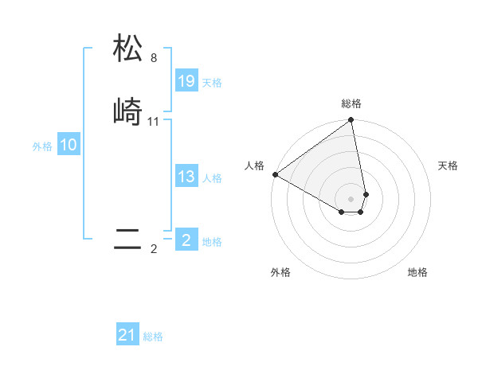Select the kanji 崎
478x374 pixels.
click(x=127, y=112)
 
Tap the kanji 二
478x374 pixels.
click(x=127, y=240)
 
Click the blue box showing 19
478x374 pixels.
click(x=186, y=81)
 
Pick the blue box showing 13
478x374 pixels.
click(x=186, y=177)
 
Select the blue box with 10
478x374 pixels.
click(x=69, y=145)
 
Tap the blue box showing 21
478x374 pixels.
click(x=127, y=336)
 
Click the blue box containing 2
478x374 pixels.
click(x=186, y=240)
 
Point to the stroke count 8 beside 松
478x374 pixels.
click(x=154, y=58)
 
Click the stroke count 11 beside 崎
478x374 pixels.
click(x=154, y=122)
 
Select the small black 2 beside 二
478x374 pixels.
click(x=154, y=249)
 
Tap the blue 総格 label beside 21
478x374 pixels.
click(x=153, y=337)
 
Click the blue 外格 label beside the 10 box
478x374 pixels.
click(x=42, y=146)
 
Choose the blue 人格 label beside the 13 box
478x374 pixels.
click(x=212, y=178)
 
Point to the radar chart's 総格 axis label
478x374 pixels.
click(x=351, y=103)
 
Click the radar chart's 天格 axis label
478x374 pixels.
click(x=448, y=166)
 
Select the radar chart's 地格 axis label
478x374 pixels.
click(x=417, y=273)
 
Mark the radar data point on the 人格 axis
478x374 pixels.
click(x=275, y=174)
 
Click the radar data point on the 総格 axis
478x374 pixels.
click(x=351, y=121)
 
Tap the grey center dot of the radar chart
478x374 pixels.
click(x=351, y=198)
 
